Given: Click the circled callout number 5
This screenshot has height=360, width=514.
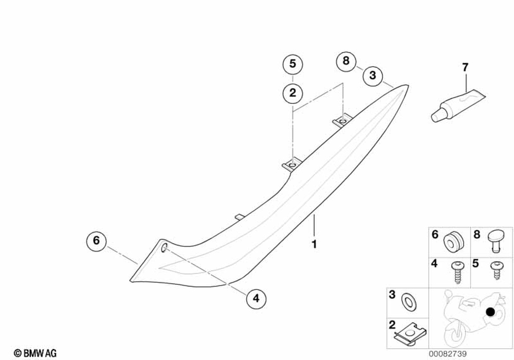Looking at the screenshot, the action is coord(292,65).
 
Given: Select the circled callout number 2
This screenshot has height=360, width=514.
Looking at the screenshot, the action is coord(292,93).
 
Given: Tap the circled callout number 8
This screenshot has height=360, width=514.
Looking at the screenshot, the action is coord(346,61).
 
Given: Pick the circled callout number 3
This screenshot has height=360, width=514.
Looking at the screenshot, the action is coord(373,77).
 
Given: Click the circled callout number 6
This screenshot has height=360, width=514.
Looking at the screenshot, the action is coord(96,240).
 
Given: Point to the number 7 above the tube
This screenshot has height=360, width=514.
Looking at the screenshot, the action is coord(465,67).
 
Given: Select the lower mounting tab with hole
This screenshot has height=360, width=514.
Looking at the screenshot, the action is coord(291,165).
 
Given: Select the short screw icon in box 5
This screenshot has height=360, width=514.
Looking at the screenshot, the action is coord(497,269).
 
